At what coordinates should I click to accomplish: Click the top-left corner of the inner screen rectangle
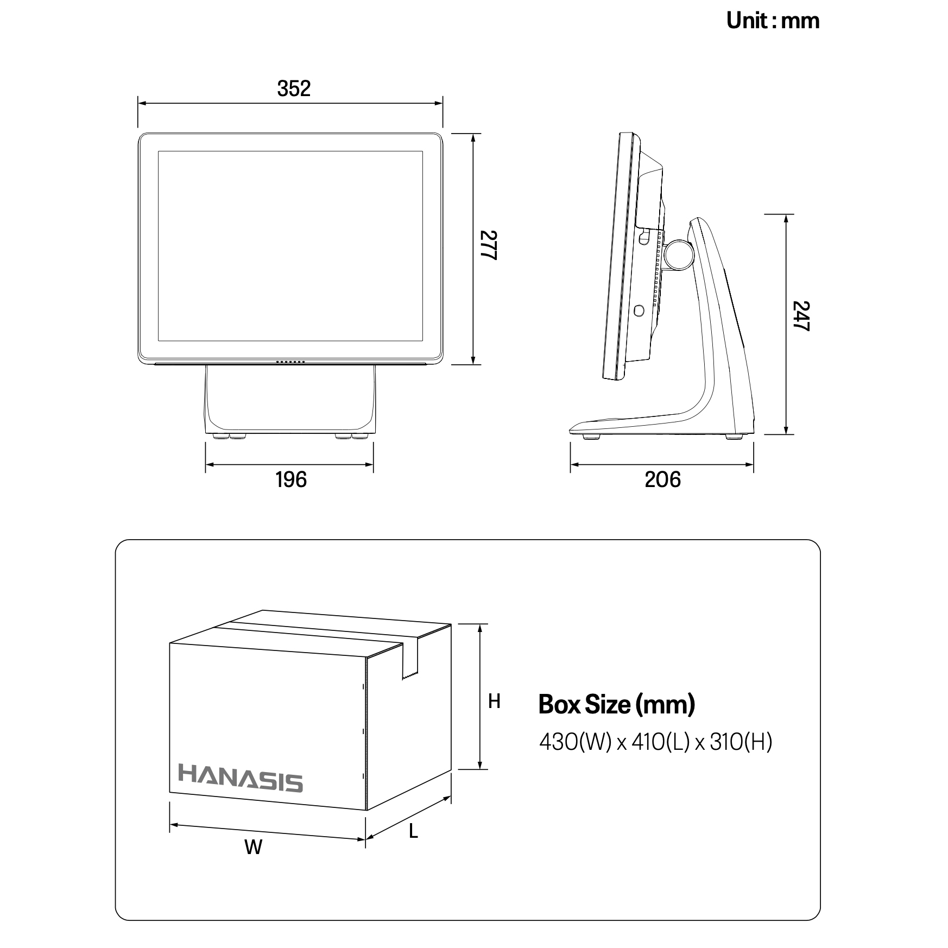[159, 151]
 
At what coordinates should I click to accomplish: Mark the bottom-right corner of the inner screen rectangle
[422, 341]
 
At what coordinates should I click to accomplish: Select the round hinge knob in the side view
[680, 255]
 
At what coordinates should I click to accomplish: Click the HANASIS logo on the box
[241, 779]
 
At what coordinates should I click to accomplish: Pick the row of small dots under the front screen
[290, 362]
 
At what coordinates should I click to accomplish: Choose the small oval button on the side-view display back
[639, 311]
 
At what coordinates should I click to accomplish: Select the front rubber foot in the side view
[591, 436]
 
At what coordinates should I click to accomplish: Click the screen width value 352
[294, 89]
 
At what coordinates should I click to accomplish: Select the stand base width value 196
[291, 480]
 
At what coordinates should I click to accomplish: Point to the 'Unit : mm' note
[773, 21]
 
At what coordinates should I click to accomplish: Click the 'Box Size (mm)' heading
[617, 705]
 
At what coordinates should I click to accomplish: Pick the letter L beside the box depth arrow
[413, 831]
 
